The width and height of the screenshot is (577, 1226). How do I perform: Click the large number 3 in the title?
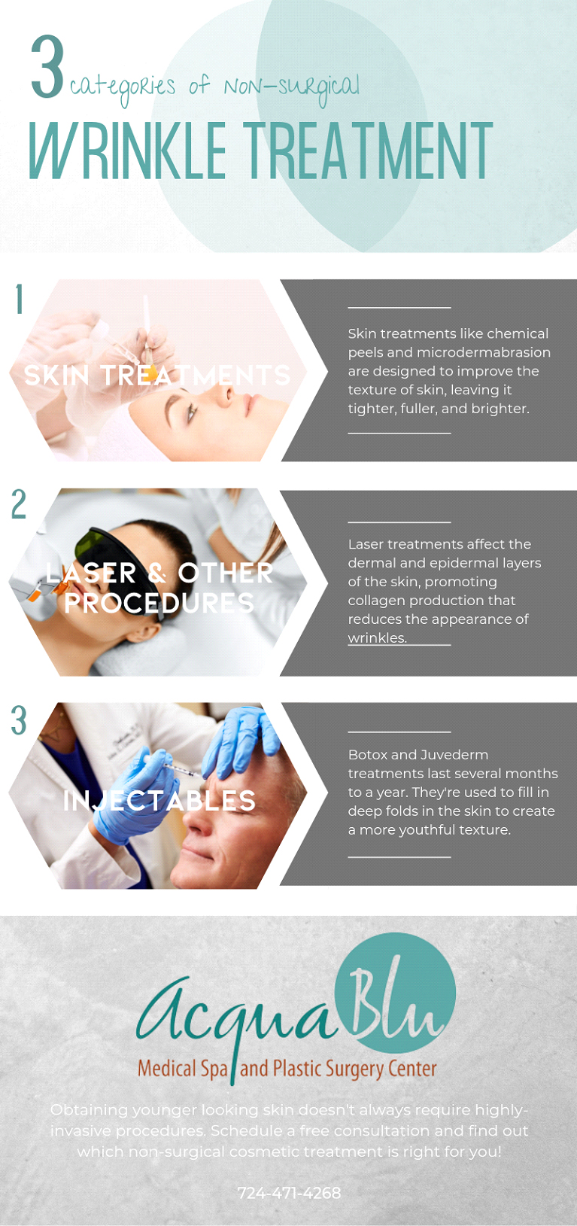pos(47,66)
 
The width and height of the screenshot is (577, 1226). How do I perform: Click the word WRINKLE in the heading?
pos(127,151)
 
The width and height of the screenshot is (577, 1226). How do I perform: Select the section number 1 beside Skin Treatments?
pos(20,299)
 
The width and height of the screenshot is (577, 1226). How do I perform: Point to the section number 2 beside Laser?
pos(19,503)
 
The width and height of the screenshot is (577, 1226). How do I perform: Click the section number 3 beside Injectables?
pos(19,719)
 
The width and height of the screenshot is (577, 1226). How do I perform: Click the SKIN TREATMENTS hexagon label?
pos(157,376)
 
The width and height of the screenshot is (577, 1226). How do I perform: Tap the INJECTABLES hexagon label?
pos(159,801)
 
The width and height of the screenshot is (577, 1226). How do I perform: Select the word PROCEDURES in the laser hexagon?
pos(159,603)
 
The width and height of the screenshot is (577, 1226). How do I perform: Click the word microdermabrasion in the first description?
pos(484,352)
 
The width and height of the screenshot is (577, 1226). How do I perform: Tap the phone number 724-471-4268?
pos(290,1193)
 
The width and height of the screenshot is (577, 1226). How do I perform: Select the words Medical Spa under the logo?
pos(182,1069)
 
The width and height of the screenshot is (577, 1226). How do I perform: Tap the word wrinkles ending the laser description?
pos(378,638)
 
